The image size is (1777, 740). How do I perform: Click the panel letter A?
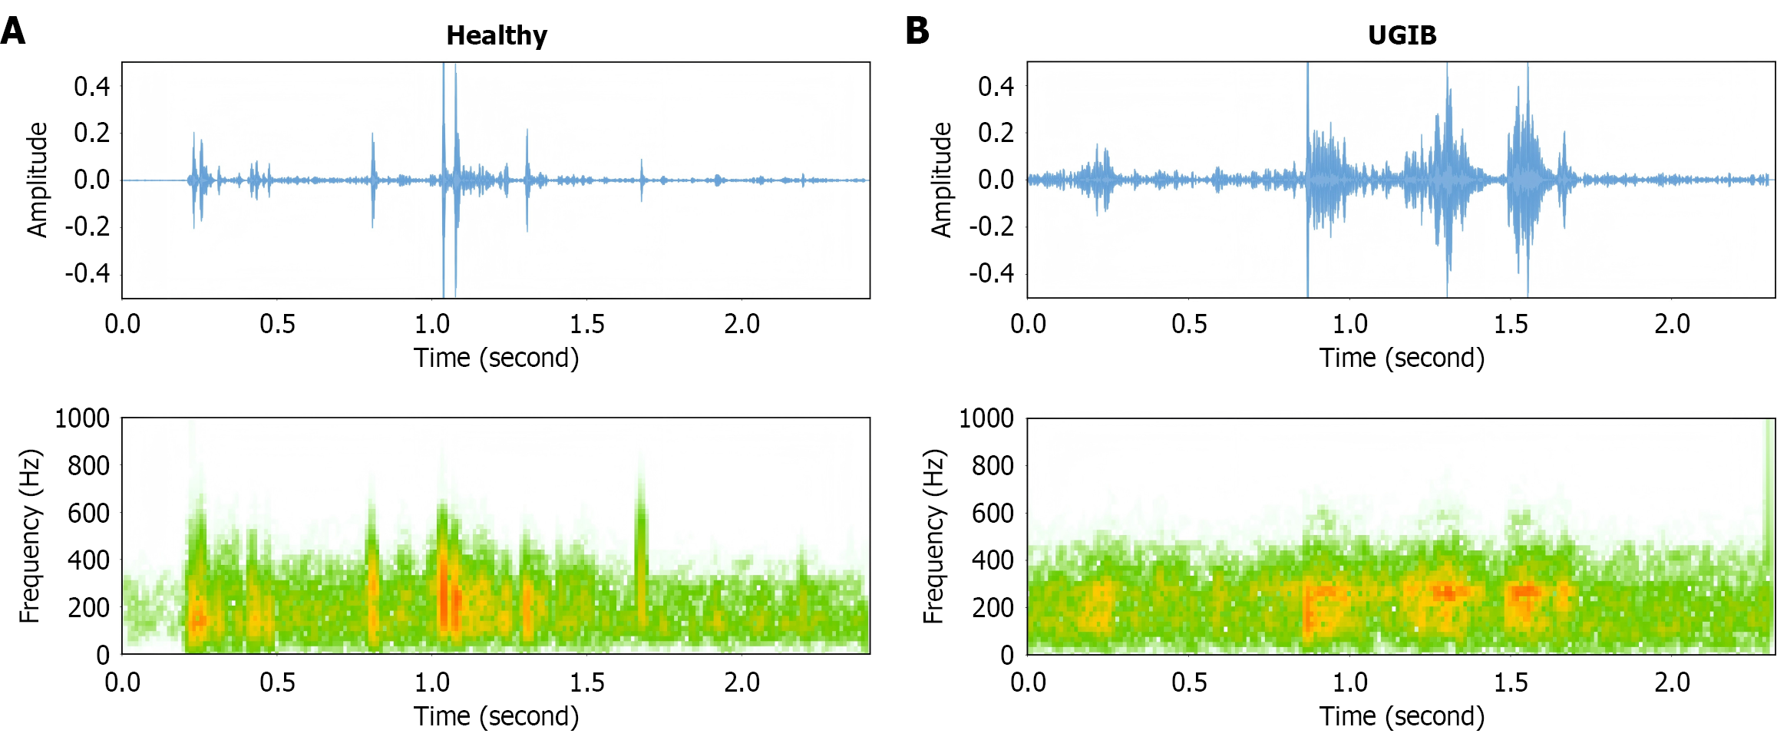pyautogui.click(x=13, y=32)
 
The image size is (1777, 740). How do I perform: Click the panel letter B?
pyautogui.click(x=917, y=31)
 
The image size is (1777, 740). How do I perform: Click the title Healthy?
pyautogui.click(x=497, y=35)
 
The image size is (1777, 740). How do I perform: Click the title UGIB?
pyautogui.click(x=1402, y=35)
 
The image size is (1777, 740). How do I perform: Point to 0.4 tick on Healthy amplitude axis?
pyautogui.click(x=92, y=87)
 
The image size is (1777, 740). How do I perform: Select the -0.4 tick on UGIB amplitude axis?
pyautogui.click(x=991, y=273)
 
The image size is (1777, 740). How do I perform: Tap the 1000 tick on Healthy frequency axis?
pyautogui.click(x=82, y=418)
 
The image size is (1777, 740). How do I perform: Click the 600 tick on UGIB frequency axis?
pyautogui.click(x=993, y=513)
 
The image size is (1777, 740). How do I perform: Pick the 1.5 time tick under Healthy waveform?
pyautogui.click(x=586, y=324)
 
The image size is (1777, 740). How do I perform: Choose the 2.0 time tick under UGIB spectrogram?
pyautogui.click(x=1672, y=682)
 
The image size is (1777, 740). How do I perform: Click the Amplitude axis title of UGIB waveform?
pyautogui.click(x=941, y=180)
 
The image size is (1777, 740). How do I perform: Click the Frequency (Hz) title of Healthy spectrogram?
pyautogui.click(x=29, y=536)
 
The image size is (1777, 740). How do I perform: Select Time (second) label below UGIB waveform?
pyautogui.click(x=1402, y=358)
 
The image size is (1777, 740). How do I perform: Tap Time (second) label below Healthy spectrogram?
pyautogui.click(x=497, y=716)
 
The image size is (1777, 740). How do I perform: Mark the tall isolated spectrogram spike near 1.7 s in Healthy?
pyautogui.click(x=641, y=537)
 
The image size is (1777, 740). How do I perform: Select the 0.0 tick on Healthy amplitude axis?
pyautogui.click(x=92, y=180)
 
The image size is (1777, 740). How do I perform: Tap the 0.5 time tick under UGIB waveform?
pyautogui.click(x=1188, y=324)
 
